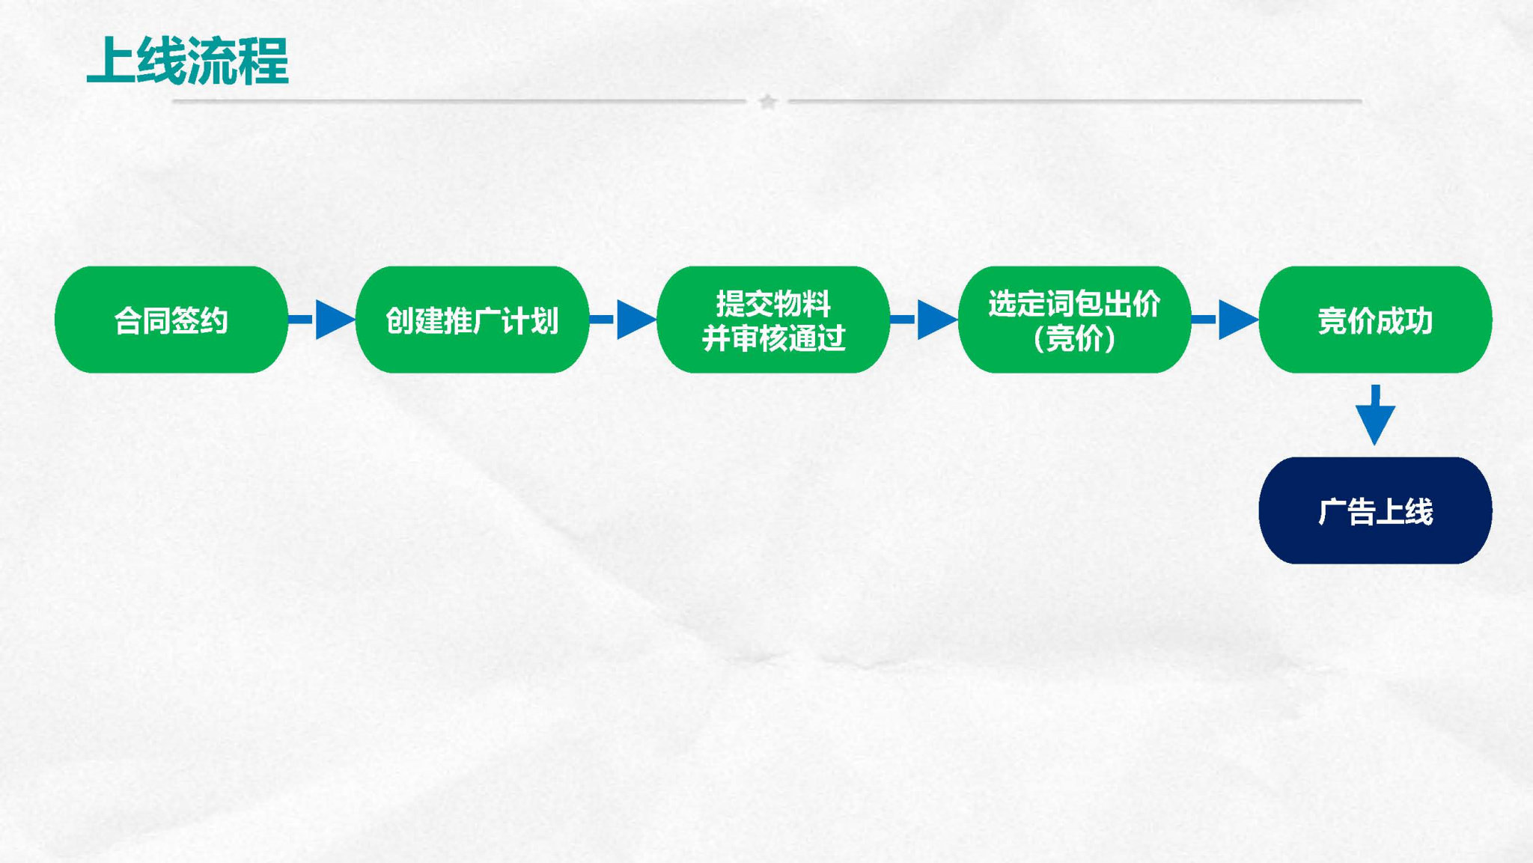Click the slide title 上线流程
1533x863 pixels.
[188, 61]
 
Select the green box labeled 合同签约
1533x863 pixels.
[171, 320]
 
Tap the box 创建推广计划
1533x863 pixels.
[472, 320]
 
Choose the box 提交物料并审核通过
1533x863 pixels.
[773, 320]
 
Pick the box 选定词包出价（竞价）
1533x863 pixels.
[1074, 320]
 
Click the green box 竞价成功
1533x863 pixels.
[1375, 320]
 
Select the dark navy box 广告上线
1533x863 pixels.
[1375, 510]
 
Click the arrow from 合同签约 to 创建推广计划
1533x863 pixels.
[322, 320]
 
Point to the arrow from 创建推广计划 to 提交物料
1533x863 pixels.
[623, 320]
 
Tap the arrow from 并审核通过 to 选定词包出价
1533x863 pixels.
[924, 320]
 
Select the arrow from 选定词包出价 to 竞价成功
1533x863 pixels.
[1225, 320]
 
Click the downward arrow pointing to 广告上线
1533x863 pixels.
[1375, 415]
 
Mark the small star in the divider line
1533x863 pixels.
[767, 101]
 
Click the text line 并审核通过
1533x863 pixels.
[773, 338]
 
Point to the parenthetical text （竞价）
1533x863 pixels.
[1074, 338]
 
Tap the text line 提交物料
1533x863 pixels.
[773, 303]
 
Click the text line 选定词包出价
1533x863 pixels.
[1074, 303]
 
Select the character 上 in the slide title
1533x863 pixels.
[112, 61]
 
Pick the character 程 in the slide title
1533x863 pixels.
[264, 61]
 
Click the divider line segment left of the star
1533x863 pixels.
[459, 100]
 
